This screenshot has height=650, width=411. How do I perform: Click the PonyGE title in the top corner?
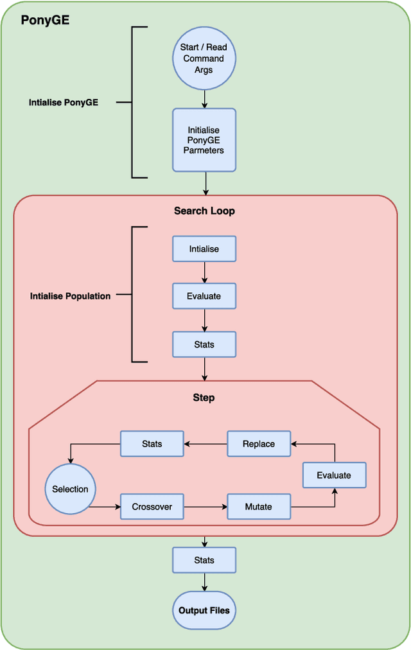pyautogui.click(x=45, y=20)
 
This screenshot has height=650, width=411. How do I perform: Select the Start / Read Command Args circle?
pyautogui.click(x=204, y=58)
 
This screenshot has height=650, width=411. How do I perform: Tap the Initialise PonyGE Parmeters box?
pyautogui.click(x=204, y=140)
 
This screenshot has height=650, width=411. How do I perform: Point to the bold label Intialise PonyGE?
pyautogui.click(x=64, y=102)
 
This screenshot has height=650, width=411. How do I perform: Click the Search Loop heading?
pyautogui.click(x=204, y=211)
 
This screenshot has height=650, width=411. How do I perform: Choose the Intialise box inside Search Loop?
pyautogui.click(x=204, y=249)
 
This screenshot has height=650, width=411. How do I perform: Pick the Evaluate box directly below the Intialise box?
pyautogui.click(x=204, y=296)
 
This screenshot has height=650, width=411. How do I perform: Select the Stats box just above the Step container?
pyautogui.click(x=204, y=344)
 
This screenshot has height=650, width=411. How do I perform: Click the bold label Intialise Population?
pyautogui.click(x=71, y=296)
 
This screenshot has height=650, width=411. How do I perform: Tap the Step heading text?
pyautogui.click(x=204, y=398)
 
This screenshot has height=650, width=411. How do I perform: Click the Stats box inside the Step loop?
pyautogui.click(x=152, y=444)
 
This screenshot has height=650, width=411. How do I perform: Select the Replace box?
pyautogui.click(x=259, y=444)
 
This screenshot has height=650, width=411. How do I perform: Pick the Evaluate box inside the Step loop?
pyautogui.click(x=334, y=475)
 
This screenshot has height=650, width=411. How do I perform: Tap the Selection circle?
pyautogui.click(x=70, y=489)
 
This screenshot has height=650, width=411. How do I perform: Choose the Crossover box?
pyautogui.click(x=152, y=507)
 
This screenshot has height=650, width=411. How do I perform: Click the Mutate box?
pyautogui.click(x=259, y=507)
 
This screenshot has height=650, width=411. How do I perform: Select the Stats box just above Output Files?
pyautogui.click(x=204, y=560)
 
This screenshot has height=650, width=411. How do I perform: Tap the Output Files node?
pyautogui.click(x=204, y=610)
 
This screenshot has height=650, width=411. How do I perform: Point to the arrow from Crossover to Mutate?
pyautogui.click(x=205, y=507)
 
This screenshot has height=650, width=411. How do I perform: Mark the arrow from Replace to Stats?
pyautogui.click(x=205, y=444)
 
